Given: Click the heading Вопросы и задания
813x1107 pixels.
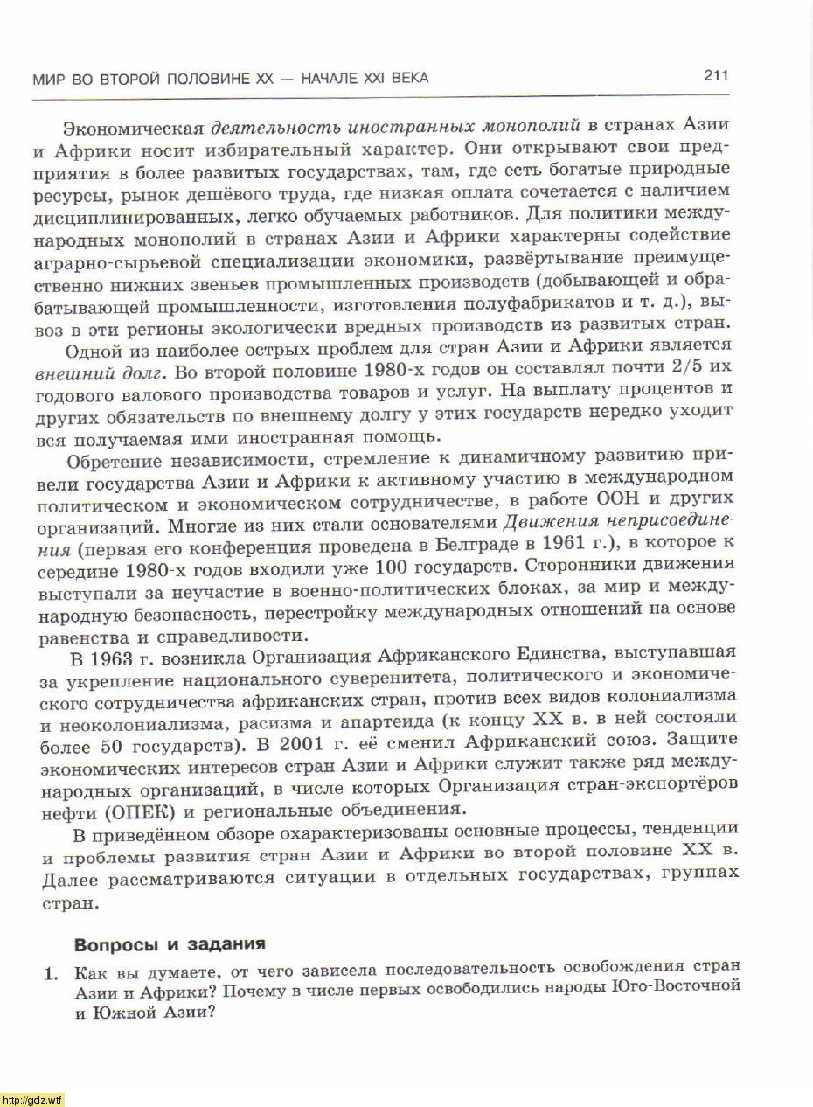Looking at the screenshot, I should click(x=170, y=944).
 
